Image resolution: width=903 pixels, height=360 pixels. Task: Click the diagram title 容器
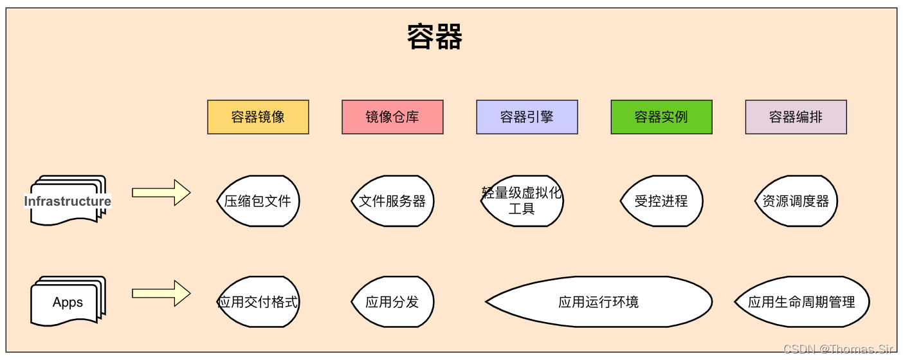pyautogui.click(x=435, y=37)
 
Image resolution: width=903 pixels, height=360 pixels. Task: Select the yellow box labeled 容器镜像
pyautogui.click(x=258, y=117)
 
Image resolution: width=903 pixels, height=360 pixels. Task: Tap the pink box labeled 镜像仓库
pyautogui.click(x=392, y=117)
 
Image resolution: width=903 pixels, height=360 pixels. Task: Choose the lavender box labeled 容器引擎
pyautogui.click(x=527, y=117)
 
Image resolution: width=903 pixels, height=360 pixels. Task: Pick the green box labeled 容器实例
pyautogui.click(x=661, y=117)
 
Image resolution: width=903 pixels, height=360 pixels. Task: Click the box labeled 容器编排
pyautogui.click(x=796, y=117)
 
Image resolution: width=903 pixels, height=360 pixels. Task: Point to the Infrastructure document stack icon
pyautogui.click(x=68, y=201)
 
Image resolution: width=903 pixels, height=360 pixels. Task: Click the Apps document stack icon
pyautogui.click(x=68, y=301)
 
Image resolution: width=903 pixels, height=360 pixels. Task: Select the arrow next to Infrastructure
pyautogui.click(x=161, y=193)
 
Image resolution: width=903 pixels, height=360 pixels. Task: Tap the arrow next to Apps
pyautogui.click(x=161, y=294)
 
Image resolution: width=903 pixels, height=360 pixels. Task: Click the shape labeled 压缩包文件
pyautogui.click(x=258, y=201)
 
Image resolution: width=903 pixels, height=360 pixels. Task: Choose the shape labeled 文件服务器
pyautogui.click(x=392, y=201)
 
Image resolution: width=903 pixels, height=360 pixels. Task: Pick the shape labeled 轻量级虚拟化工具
pyautogui.click(x=522, y=201)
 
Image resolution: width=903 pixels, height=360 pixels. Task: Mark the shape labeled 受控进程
pyautogui.click(x=661, y=201)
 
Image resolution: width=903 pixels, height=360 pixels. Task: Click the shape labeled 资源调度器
pyautogui.click(x=796, y=201)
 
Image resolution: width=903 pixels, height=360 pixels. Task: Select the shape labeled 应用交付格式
pyautogui.click(x=258, y=302)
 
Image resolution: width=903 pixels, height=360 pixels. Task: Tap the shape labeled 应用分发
pyautogui.click(x=392, y=302)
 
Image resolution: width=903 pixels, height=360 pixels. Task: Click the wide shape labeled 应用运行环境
pyautogui.click(x=599, y=302)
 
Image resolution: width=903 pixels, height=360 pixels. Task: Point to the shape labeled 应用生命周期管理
pyautogui.click(x=801, y=302)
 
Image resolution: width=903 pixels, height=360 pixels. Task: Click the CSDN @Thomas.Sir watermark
pyautogui.click(x=838, y=349)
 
